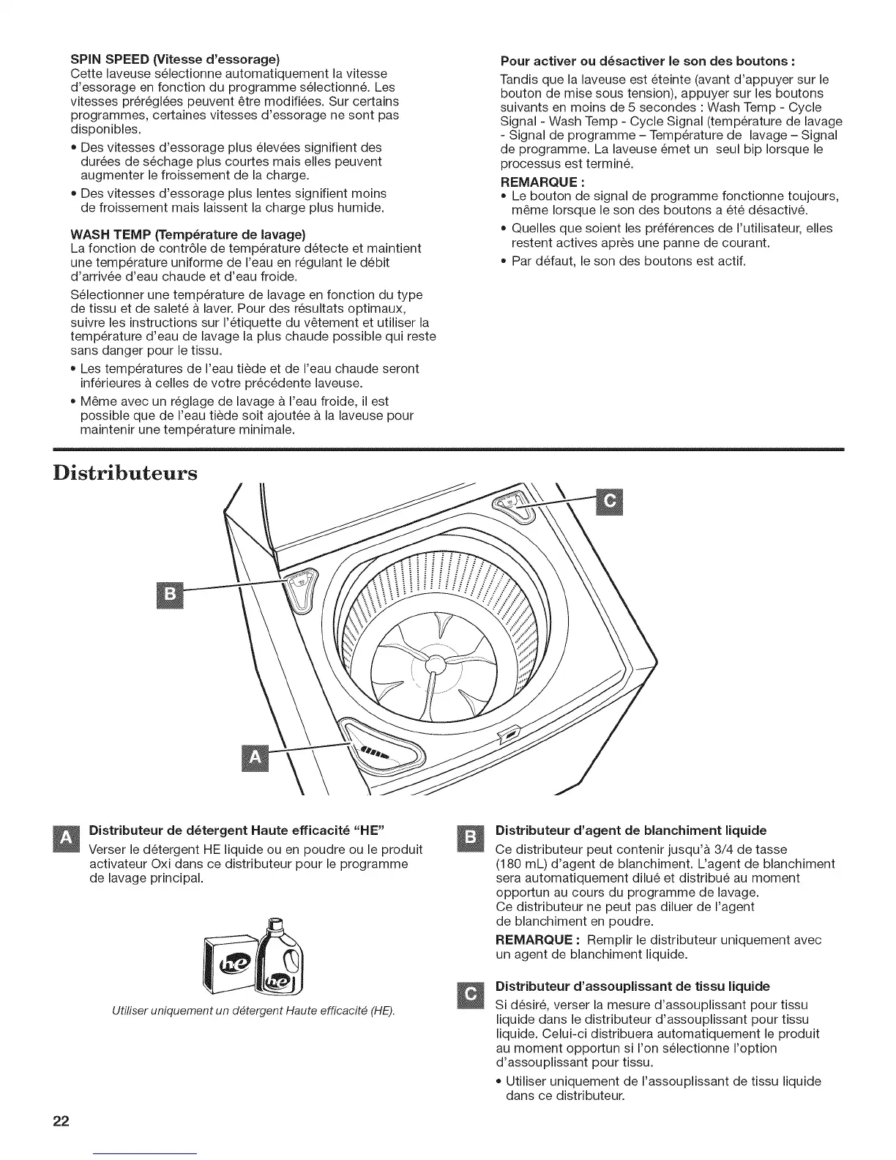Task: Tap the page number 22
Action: (x=60, y=1123)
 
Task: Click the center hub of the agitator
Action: (x=435, y=663)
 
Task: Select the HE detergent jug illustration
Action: (x=281, y=956)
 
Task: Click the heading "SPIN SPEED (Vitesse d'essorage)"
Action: (x=176, y=59)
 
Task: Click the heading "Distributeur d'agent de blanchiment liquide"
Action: (x=631, y=830)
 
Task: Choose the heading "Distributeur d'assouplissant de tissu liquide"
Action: (x=632, y=986)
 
